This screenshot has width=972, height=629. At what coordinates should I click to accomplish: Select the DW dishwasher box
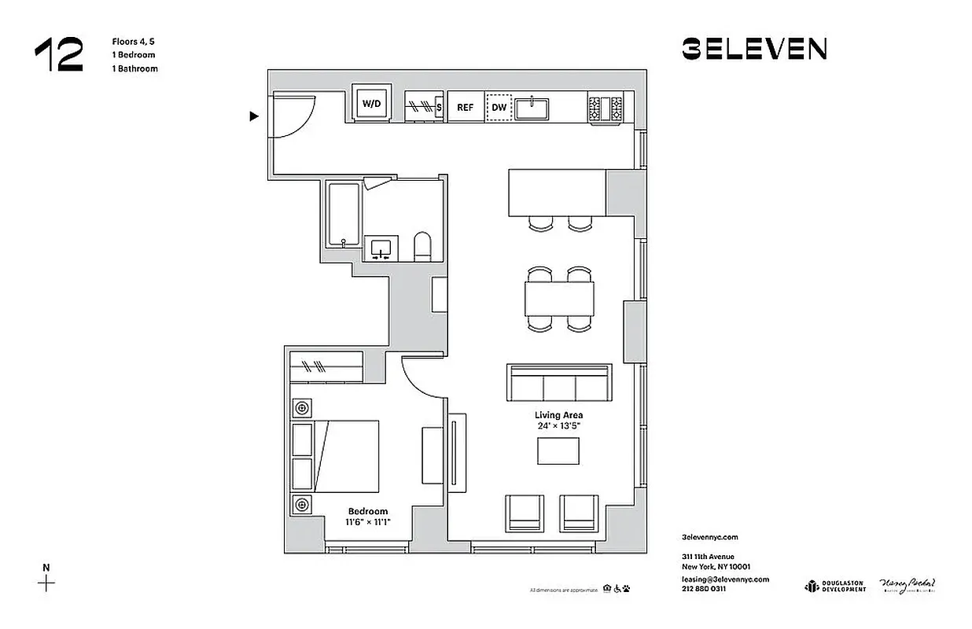pos(499,108)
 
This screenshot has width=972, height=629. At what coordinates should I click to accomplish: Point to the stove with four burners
pos(606,108)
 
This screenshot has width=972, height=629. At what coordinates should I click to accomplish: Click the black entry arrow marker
pos(254,116)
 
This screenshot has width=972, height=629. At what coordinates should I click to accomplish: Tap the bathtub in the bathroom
pos(344,214)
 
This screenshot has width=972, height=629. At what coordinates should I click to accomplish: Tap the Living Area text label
pos(558,415)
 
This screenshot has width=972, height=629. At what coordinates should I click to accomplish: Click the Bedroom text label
pos(368,511)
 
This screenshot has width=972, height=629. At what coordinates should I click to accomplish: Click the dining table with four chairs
pos(559,298)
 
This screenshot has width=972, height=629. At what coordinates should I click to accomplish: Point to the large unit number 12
pos(58,56)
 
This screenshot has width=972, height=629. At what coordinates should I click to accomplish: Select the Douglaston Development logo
pos(834,586)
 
